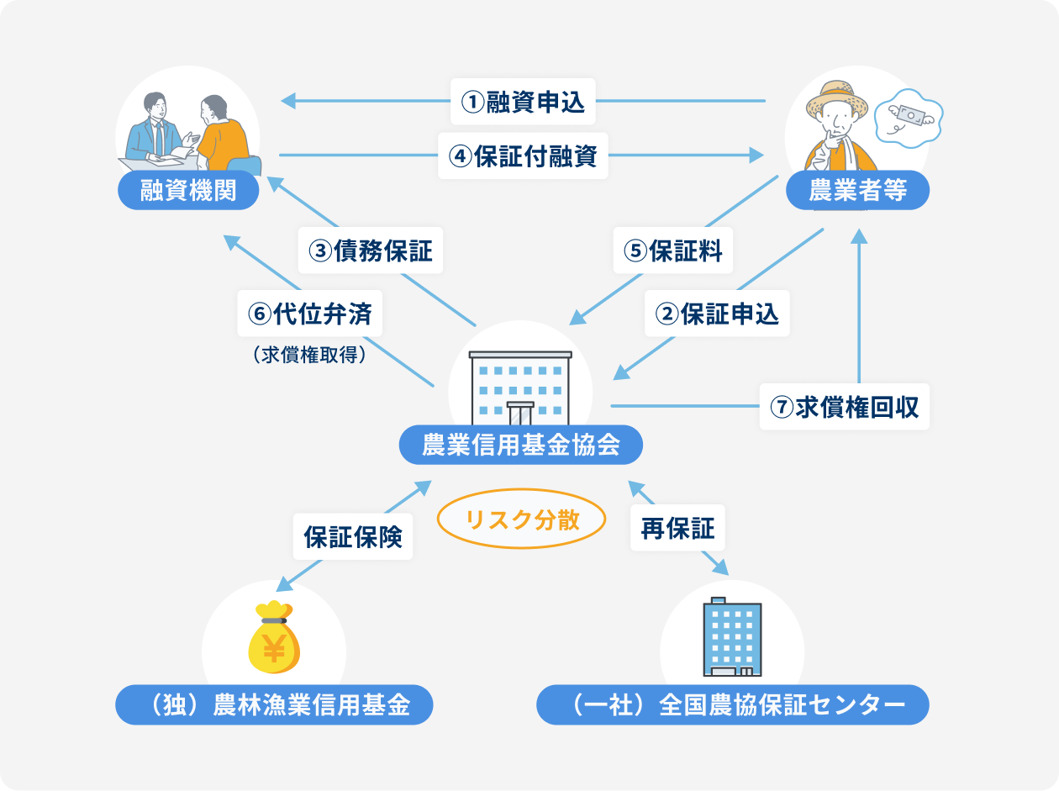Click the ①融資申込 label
pyautogui.click(x=523, y=102)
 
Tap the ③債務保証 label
pyautogui.click(x=371, y=250)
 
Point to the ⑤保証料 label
pyautogui.click(x=673, y=250)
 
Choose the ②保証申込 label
pyautogui.click(x=717, y=314)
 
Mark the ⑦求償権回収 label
pyautogui.click(x=845, y=407)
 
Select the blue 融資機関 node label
pyautogui.click(x=188, y=191)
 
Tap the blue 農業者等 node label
pyautogui.click(x=857, y=191)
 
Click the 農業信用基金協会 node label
pyautogui.click(x=521, y=445)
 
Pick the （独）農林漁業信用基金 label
pyautogui.click(x=274, y=704)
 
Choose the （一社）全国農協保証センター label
pyautogui.click(x=733, y=704)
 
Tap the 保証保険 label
pyautogui.click(x=353, y=536)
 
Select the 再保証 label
pyautogui.click(x=677, y=529)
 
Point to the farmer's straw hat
pyautogui.click(x=837, y=99)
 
